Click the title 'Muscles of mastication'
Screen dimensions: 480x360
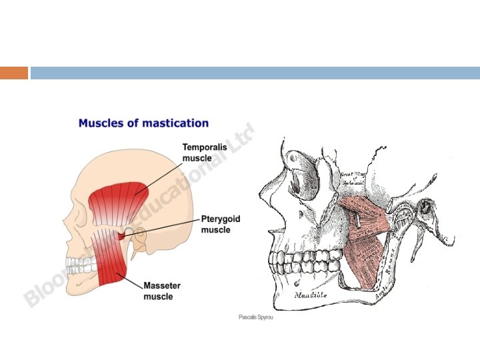[143, 123]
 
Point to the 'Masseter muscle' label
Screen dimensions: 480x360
[162, 290]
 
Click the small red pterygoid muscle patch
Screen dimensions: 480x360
[121, 235]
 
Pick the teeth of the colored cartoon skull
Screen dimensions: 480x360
[80, 265]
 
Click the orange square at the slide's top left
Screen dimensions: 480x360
[14, 73]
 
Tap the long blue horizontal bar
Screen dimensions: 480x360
[254, 73]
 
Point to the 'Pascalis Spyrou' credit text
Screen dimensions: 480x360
[256, 317]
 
